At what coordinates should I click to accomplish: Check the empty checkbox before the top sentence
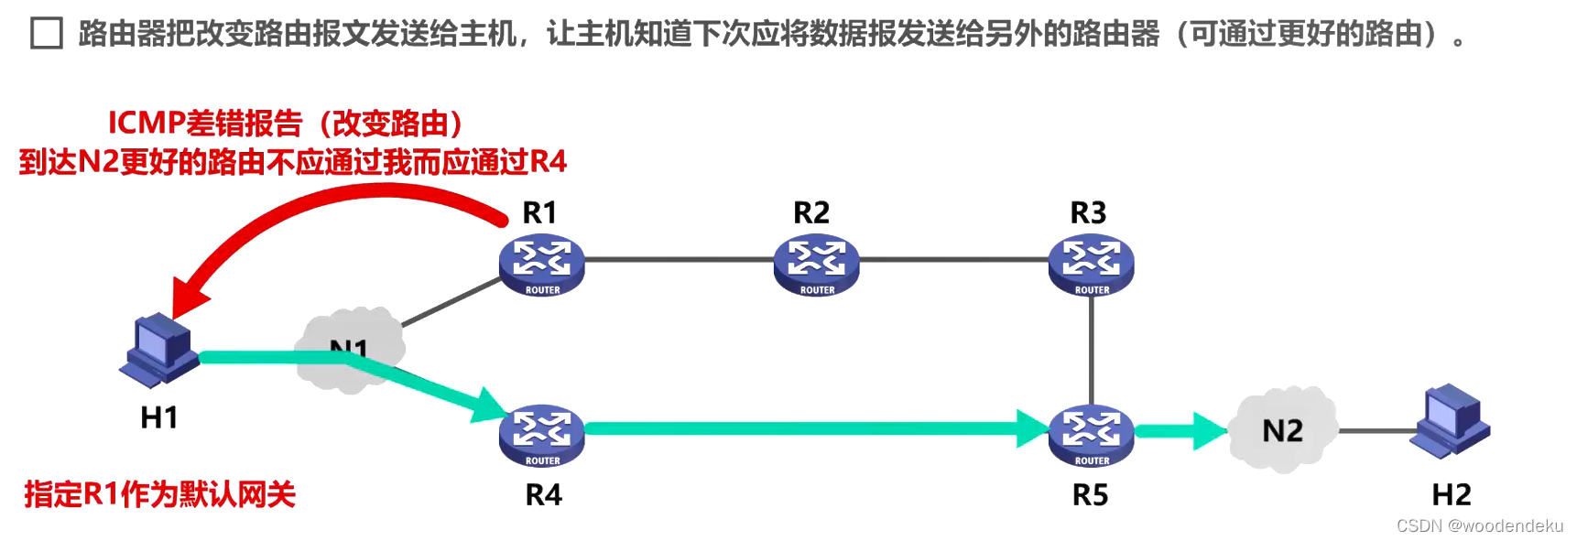pyautogui.click(x=47, y=34)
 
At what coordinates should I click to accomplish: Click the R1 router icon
pyautogui.click(x=542, y=265)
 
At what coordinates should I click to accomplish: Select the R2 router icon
pyautogui.click(x=817, y=265)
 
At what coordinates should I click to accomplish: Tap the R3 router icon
pyautogui.click(x=1092, y=265)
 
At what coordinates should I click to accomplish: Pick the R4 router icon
pyautogui.click(x=542, y=435)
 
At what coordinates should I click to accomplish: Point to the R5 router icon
pyautogui.click(x=1092, y=435)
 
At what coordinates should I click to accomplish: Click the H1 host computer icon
pyautogui.click(x=159, y=350)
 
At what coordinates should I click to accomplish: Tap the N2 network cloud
pyautogui.click(x=1282, y=430)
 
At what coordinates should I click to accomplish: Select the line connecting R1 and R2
pyautogui.click(x=678, y=259)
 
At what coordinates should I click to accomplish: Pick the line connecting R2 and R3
pyautogui.click(x=952, y=259)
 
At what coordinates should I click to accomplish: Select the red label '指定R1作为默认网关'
pyautogui.click(x=159, y=494)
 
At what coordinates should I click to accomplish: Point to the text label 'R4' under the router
pyautogui.click(x=543, y=495)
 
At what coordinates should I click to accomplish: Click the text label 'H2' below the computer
pyautogui.click(x=1452, y=495)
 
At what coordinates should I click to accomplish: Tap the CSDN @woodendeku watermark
pyautogui.click(x=1479, y=525)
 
